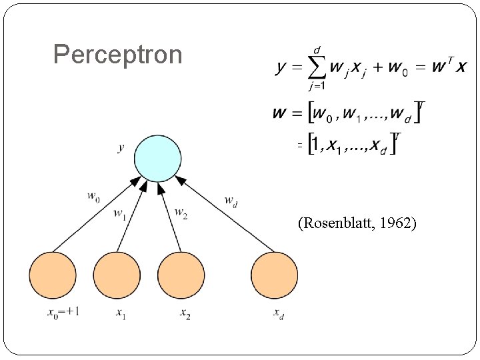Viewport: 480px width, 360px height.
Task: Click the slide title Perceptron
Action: click(117, 55)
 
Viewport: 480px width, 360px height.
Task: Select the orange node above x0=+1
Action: click(53, 275)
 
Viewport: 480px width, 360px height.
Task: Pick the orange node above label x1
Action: click(117, 275)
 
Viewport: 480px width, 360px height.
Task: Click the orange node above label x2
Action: click(181, 275)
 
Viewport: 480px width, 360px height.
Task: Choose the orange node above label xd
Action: click(274, 275)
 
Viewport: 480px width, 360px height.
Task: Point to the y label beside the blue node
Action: click(121, 148)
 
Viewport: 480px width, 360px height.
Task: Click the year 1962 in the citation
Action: click(398, 223)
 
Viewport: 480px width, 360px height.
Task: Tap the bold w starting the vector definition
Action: click(281, 113)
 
